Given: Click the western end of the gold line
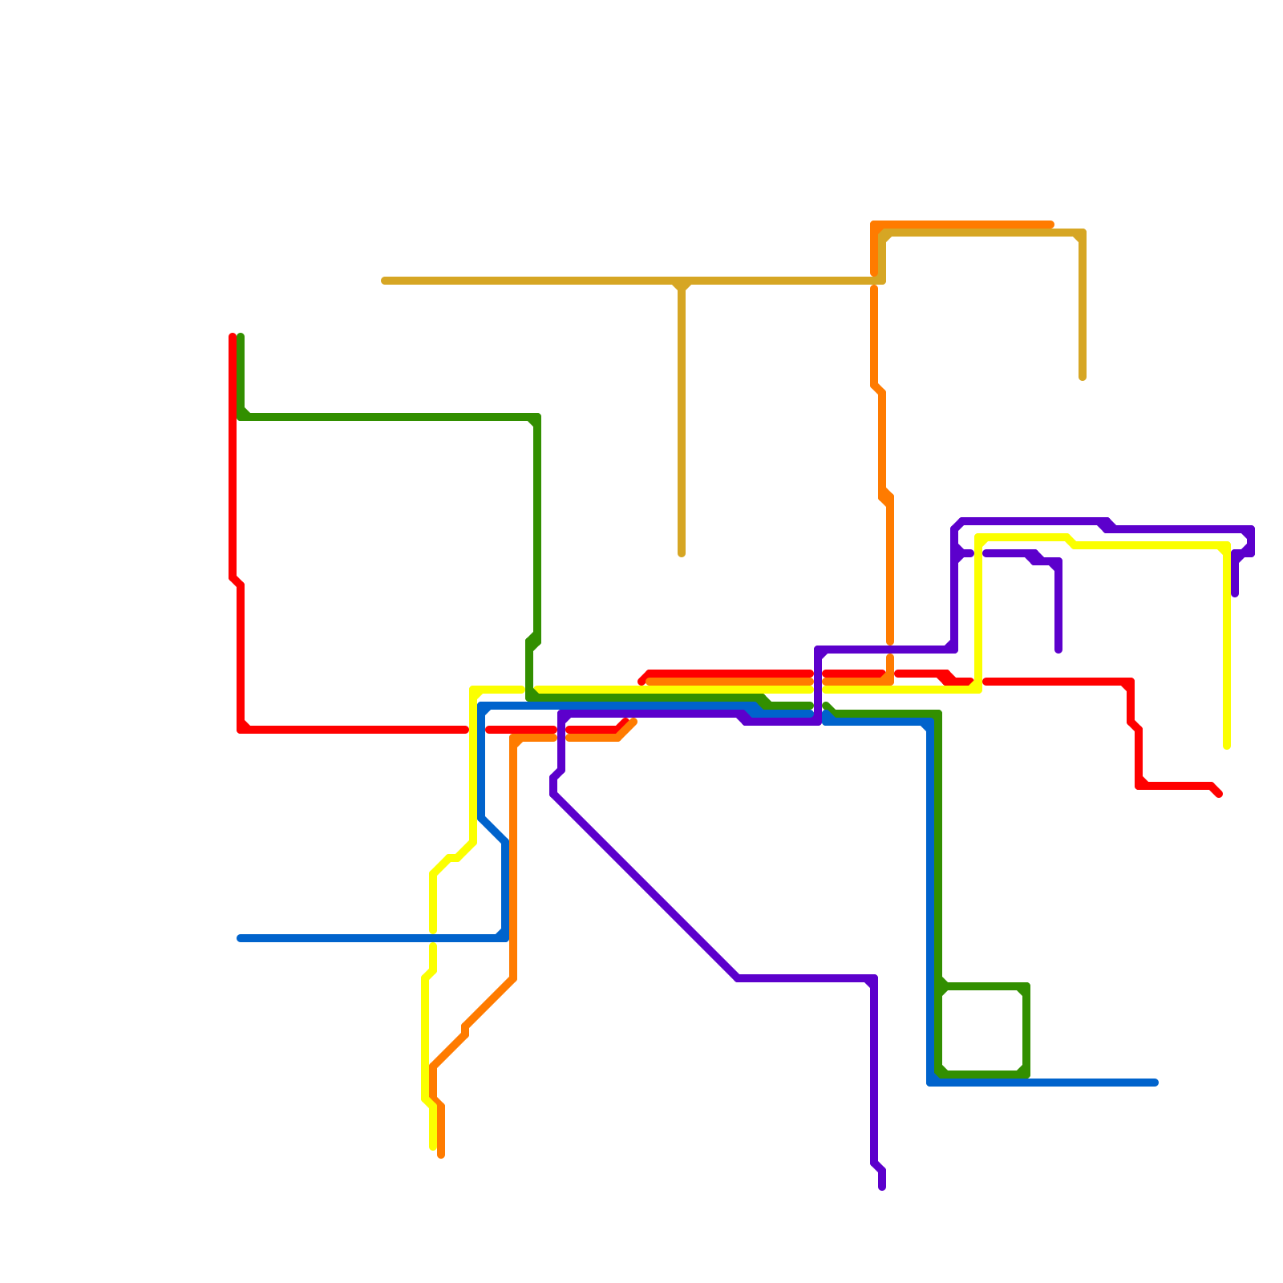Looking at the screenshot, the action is point(385,281).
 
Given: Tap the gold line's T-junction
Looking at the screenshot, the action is point(682,281).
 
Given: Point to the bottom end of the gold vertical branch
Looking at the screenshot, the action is point(682,553).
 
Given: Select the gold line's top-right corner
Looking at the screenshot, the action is point(1083,233).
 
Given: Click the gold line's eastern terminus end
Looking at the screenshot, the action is point(1083,377).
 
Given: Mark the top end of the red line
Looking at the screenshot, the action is point(233,337).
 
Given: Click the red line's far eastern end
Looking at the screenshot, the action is point(1219,794).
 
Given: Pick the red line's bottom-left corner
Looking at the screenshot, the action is point(241,730).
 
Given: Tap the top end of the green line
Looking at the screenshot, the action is point(241,337).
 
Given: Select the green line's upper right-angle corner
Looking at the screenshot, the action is point(537,417).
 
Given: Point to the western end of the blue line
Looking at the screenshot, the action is point(241,938).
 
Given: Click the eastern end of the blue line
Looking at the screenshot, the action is point(1155,1083).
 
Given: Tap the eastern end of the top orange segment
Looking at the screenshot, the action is point(1050,225).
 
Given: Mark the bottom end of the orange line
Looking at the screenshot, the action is point(441,1155).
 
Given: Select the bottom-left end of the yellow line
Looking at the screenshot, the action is point(433,1147).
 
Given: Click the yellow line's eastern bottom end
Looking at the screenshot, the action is point(1227,746).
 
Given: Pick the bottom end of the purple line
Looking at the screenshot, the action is point(882,1187).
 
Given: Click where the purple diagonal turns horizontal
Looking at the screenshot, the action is point(738,978).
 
